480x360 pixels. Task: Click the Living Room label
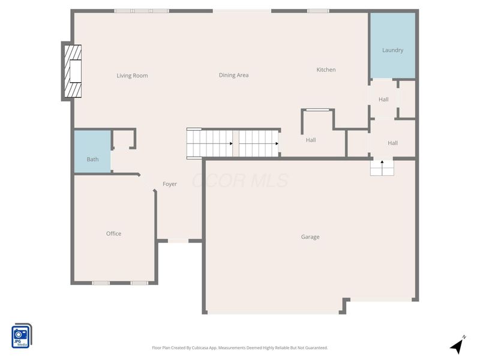click(x=132, y=76)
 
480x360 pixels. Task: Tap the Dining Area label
click(x=233, y=75)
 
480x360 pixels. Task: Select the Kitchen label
click(x=326, y=70)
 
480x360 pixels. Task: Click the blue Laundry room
click(x=393, y=46)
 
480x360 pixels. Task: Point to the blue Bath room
click(x=92, y=152)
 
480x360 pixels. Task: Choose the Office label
click(x=113, y=233)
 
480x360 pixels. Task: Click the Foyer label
click(x=170, y=184)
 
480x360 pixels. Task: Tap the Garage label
click(x=310, y=237)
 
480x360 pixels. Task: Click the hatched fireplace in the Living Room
click(x=73, y=71)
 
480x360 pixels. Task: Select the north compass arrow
click(x=457, y=346)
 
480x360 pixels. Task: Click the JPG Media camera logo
click(x=22, y=336)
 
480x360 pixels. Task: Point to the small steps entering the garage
click(x=382, y=168)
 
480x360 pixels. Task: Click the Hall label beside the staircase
click(x=311, y=140)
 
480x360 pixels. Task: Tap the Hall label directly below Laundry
click(x=383, y=100)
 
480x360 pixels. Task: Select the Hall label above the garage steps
click(x=392, y=143)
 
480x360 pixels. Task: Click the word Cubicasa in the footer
click(x=199, y=348)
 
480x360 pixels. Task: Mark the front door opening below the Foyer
click(x=178, y=241)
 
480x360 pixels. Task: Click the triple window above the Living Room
click(x=142, y=11)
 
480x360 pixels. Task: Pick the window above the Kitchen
click(x=319, y=11)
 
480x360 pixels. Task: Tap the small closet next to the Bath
click(x=124, y=139)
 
